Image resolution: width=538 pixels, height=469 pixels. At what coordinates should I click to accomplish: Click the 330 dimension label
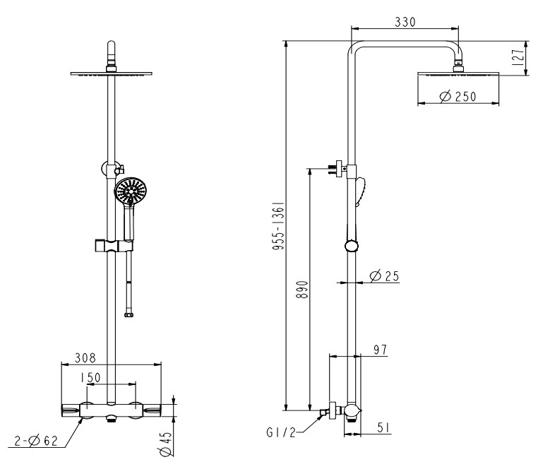click(x=405, y=22)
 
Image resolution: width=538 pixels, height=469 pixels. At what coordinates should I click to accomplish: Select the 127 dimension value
click(x=518, y=57)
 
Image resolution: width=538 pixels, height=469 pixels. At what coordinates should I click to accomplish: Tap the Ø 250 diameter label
click(x=458, y=97)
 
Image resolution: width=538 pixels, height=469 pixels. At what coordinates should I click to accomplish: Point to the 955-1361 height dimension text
click(x=278, y=225)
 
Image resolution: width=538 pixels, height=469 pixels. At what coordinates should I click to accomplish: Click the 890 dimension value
click(x=302, y=290)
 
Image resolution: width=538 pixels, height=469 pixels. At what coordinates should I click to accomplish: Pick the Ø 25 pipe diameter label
click(x=384, y=275)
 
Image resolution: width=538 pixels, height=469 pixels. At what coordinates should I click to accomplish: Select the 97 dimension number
click(x=380, y=350)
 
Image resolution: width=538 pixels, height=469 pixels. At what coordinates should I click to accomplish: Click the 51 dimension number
click(x=384, y=428)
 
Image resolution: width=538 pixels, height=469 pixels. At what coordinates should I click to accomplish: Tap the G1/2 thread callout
click(x=281, y=432)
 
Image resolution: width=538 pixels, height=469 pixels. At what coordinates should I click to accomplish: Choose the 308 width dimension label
click(x=85, y=358)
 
